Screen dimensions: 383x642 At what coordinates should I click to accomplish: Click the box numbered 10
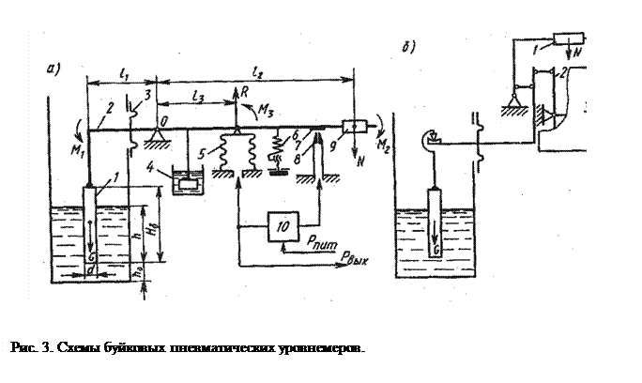pos(283,226)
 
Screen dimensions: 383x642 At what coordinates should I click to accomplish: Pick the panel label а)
pos(55,69)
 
